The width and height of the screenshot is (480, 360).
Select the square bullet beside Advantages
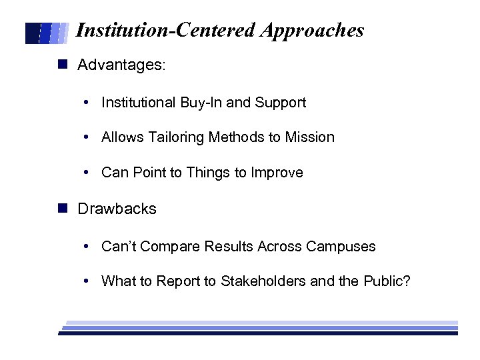tap(63, 65)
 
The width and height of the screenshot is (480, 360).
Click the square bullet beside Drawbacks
tap(63, 208)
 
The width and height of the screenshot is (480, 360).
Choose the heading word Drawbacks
tap(117, 209)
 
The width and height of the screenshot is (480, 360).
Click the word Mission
tap(309, 137)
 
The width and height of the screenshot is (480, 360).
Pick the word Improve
tap(277, 173)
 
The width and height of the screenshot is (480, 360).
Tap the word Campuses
tap(341, 247)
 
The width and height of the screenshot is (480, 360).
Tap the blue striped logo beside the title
tap(47, 33)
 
